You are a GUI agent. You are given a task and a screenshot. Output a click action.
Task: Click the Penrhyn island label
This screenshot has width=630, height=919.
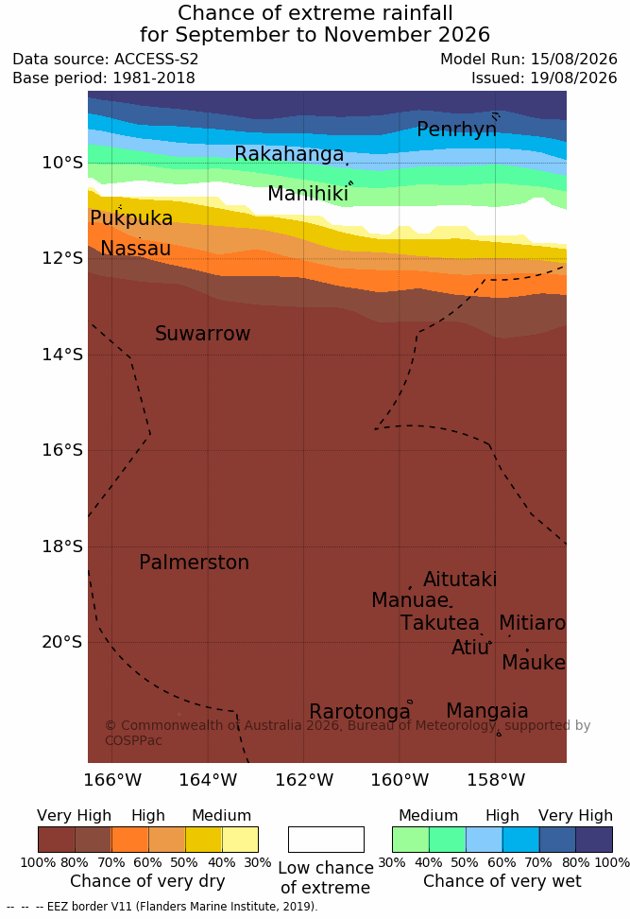click(457, 129)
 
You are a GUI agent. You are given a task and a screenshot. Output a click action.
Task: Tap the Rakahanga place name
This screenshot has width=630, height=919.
click(289, 153)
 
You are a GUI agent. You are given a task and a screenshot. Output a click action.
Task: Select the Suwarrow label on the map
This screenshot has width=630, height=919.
click(202, 333)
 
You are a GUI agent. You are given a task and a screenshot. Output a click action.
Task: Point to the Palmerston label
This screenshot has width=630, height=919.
click(195, 562)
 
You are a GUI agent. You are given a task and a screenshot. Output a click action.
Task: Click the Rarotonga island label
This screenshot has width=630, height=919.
click(360, 712)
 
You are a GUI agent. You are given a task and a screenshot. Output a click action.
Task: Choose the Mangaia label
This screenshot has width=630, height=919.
click(487, 710)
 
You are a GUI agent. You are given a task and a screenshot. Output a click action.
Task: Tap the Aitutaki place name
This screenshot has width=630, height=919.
click(460, 579)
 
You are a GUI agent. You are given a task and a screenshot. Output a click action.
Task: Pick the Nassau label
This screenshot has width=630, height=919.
click(136, 248)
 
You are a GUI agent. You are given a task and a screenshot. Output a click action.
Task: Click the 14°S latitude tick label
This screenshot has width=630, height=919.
click(62, 354)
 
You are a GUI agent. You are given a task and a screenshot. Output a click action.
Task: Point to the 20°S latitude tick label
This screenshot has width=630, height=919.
click(62, 642)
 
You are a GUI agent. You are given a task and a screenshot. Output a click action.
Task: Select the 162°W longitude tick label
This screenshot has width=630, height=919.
click(304, 780)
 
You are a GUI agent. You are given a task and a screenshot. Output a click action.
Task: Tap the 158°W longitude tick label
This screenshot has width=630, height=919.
click(496, 780)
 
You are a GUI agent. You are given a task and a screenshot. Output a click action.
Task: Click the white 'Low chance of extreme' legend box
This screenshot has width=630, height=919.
click(326, 840)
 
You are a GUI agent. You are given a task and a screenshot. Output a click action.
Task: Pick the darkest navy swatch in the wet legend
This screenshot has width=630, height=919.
click(594, 840)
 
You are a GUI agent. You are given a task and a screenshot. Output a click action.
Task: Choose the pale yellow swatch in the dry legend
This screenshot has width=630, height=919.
click(240, 840)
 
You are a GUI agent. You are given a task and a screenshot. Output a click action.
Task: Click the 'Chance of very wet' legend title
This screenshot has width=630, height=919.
click(502, 881)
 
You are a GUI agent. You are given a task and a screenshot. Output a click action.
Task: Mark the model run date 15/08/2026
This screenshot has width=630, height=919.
click(573, 60)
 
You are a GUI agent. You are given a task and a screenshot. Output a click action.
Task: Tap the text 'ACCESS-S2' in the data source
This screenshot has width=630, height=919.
click(157, 60)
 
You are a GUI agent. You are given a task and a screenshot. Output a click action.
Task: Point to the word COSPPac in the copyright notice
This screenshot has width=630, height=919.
click(133, 740)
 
